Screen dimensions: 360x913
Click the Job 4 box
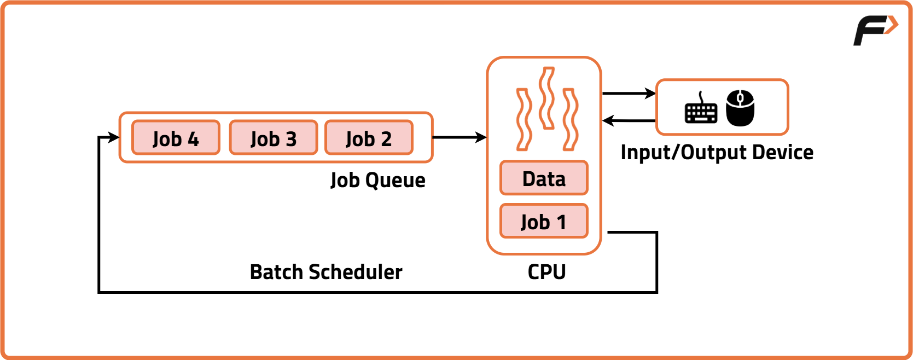tap(176, 138)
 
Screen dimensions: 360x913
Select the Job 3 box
tap(273, 138)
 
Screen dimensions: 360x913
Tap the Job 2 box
tap(369, 138)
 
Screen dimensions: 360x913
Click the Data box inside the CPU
tap(544, 178)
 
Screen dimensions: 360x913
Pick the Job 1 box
tap(544, 222)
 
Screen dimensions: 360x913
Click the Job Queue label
tap(377, 180)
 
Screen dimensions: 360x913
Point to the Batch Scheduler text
tap(326, 272)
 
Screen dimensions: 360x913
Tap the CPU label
tap(546, 272)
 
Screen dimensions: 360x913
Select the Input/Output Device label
tap(717, 153)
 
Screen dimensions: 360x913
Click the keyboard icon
tap(701, 109)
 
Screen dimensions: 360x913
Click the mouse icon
tap(740, 108)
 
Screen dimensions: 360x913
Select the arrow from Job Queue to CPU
tap(460, 137)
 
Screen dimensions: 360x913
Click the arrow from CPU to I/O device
tap(629, 94)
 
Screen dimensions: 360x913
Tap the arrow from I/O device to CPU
tap(629, 120)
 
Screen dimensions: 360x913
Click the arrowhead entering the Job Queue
tap(114, 137)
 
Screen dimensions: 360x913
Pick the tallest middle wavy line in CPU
tap(546, 98)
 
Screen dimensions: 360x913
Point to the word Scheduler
tap(356, 272)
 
